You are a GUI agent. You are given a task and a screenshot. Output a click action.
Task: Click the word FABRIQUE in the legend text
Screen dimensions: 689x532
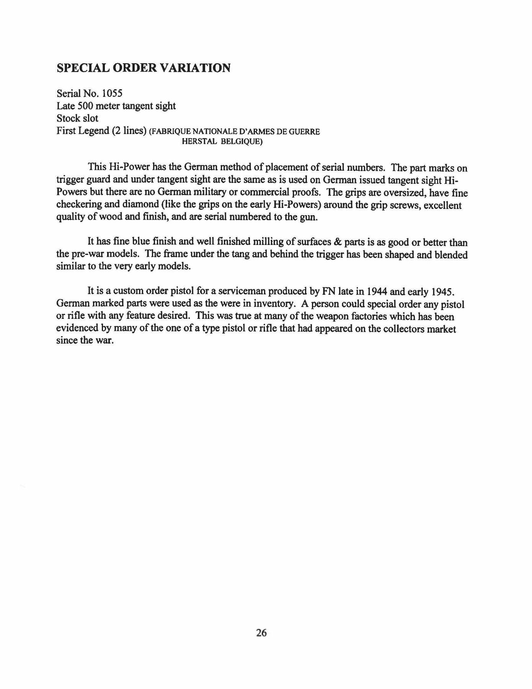[x=166, y=132]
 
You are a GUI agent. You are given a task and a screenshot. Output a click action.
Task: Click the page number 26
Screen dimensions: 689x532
[x=261, y=633]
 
